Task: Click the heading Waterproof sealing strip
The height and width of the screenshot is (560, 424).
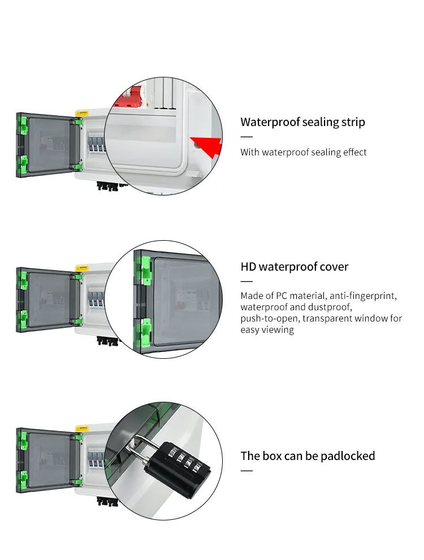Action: coord(302,122)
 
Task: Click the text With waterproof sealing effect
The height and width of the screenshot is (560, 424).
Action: coord(304,152)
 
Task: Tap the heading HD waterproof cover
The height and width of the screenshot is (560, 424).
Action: coord(294,267)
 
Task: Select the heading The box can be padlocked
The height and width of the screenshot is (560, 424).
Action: coord(308,455)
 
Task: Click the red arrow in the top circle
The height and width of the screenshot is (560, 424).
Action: coord(207,146)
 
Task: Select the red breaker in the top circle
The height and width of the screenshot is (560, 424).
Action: coord(129,99)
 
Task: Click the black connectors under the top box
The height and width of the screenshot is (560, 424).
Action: coord(107,185)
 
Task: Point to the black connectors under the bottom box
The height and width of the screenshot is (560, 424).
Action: coord(107,501)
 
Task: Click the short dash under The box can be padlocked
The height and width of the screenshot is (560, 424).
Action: coord(246,470)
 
